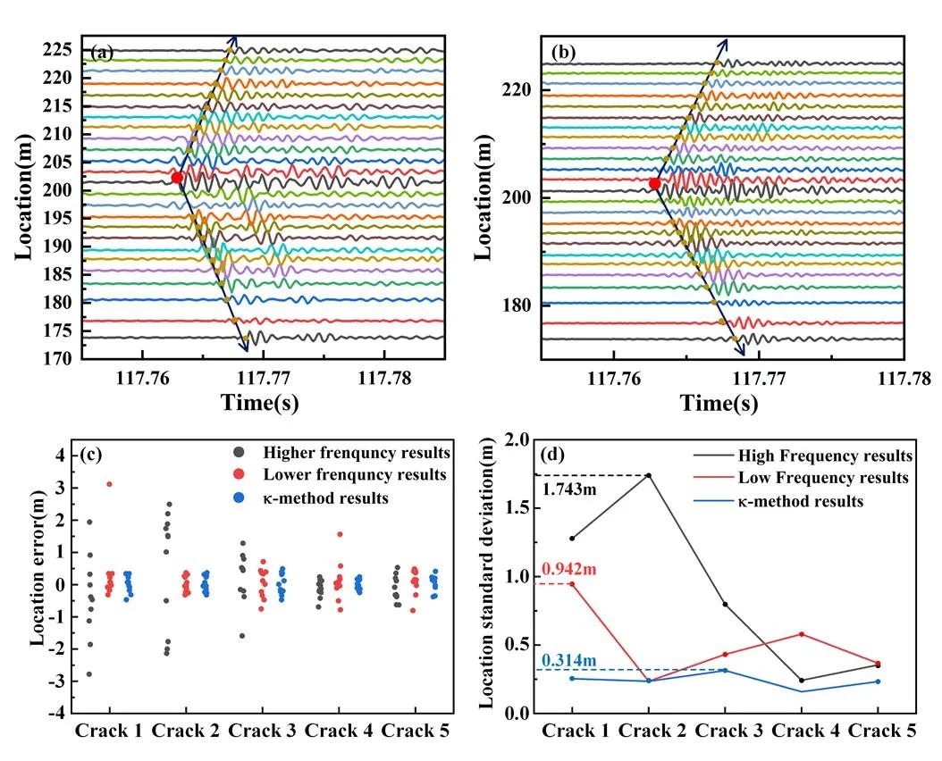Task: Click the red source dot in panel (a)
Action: point(177,178)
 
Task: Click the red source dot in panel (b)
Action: point(654,183)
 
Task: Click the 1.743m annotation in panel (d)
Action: point(568,490)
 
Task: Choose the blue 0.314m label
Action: point(568,660)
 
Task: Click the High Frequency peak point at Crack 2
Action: point(648,475)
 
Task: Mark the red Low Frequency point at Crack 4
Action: point(801,634)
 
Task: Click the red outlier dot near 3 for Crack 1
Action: point(109,484)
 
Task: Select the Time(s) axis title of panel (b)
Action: point(719,403)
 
